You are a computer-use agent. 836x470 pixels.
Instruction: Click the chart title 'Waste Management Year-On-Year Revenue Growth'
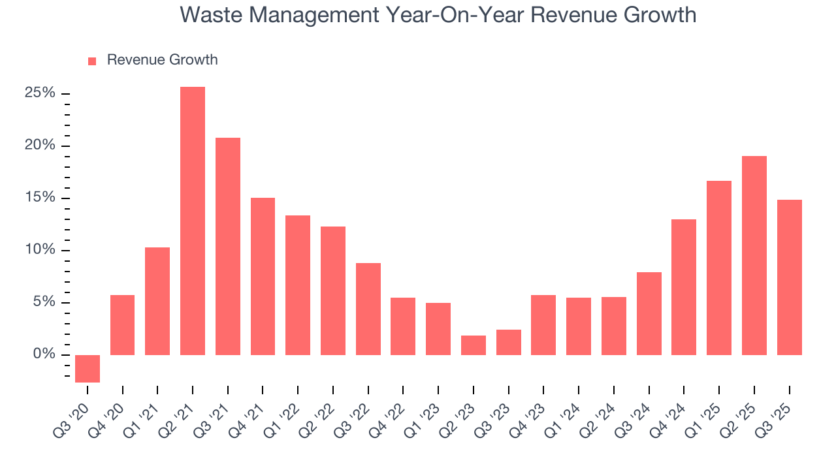438,14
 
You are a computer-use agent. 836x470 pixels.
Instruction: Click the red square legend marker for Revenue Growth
92,61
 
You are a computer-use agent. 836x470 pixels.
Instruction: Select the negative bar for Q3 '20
88,369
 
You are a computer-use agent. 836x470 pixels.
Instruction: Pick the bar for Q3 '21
228,246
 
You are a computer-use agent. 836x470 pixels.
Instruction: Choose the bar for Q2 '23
474,345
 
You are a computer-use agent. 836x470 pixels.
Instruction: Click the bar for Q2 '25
754,255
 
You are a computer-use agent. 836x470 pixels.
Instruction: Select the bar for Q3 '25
789,277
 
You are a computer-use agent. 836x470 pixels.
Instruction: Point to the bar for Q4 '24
684,287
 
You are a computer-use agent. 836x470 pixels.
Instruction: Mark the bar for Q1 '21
157,301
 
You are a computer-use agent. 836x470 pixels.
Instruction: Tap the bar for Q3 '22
368,309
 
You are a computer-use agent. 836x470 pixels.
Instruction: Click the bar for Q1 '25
719,268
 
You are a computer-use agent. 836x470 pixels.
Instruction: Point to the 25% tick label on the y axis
40,93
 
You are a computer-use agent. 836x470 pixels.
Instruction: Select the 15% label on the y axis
40,198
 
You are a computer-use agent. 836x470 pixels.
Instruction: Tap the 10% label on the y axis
40,250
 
